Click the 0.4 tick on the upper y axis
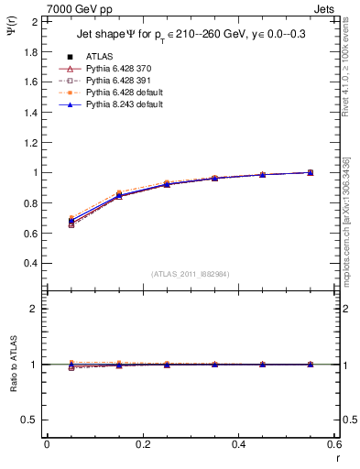coord(32,263)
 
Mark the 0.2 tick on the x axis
coord(142,444)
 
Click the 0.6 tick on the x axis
coord(333,444)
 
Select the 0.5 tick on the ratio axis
coord(32,420)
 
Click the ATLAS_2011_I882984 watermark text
coord(190,274)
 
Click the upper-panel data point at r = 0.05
coord(71,221)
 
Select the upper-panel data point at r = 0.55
coord(311,172)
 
